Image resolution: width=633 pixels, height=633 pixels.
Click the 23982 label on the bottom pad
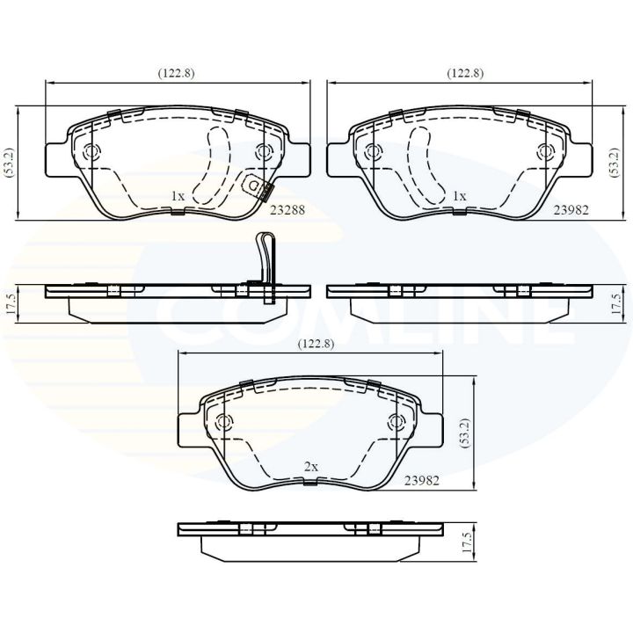[x=422, y=482]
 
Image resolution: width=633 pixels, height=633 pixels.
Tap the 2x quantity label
[x=309, y=468]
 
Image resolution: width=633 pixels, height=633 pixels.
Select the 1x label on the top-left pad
[x=177, y=196]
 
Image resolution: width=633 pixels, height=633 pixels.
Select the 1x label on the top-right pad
[x=459, y=196]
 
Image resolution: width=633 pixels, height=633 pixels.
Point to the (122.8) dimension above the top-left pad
[x=177, y=74]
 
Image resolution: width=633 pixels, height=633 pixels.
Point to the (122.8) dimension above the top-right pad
[x=463, y=74]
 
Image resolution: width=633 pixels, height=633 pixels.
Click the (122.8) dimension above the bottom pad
[x=316, y=344]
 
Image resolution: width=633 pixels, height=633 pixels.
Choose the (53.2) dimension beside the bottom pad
[x=463, y=434]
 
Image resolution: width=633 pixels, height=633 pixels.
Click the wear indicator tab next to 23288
[x=258, y=187]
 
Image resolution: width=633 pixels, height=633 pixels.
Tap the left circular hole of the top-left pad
[x=91, y=152]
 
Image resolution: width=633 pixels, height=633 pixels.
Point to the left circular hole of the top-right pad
[x=374, y=152]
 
